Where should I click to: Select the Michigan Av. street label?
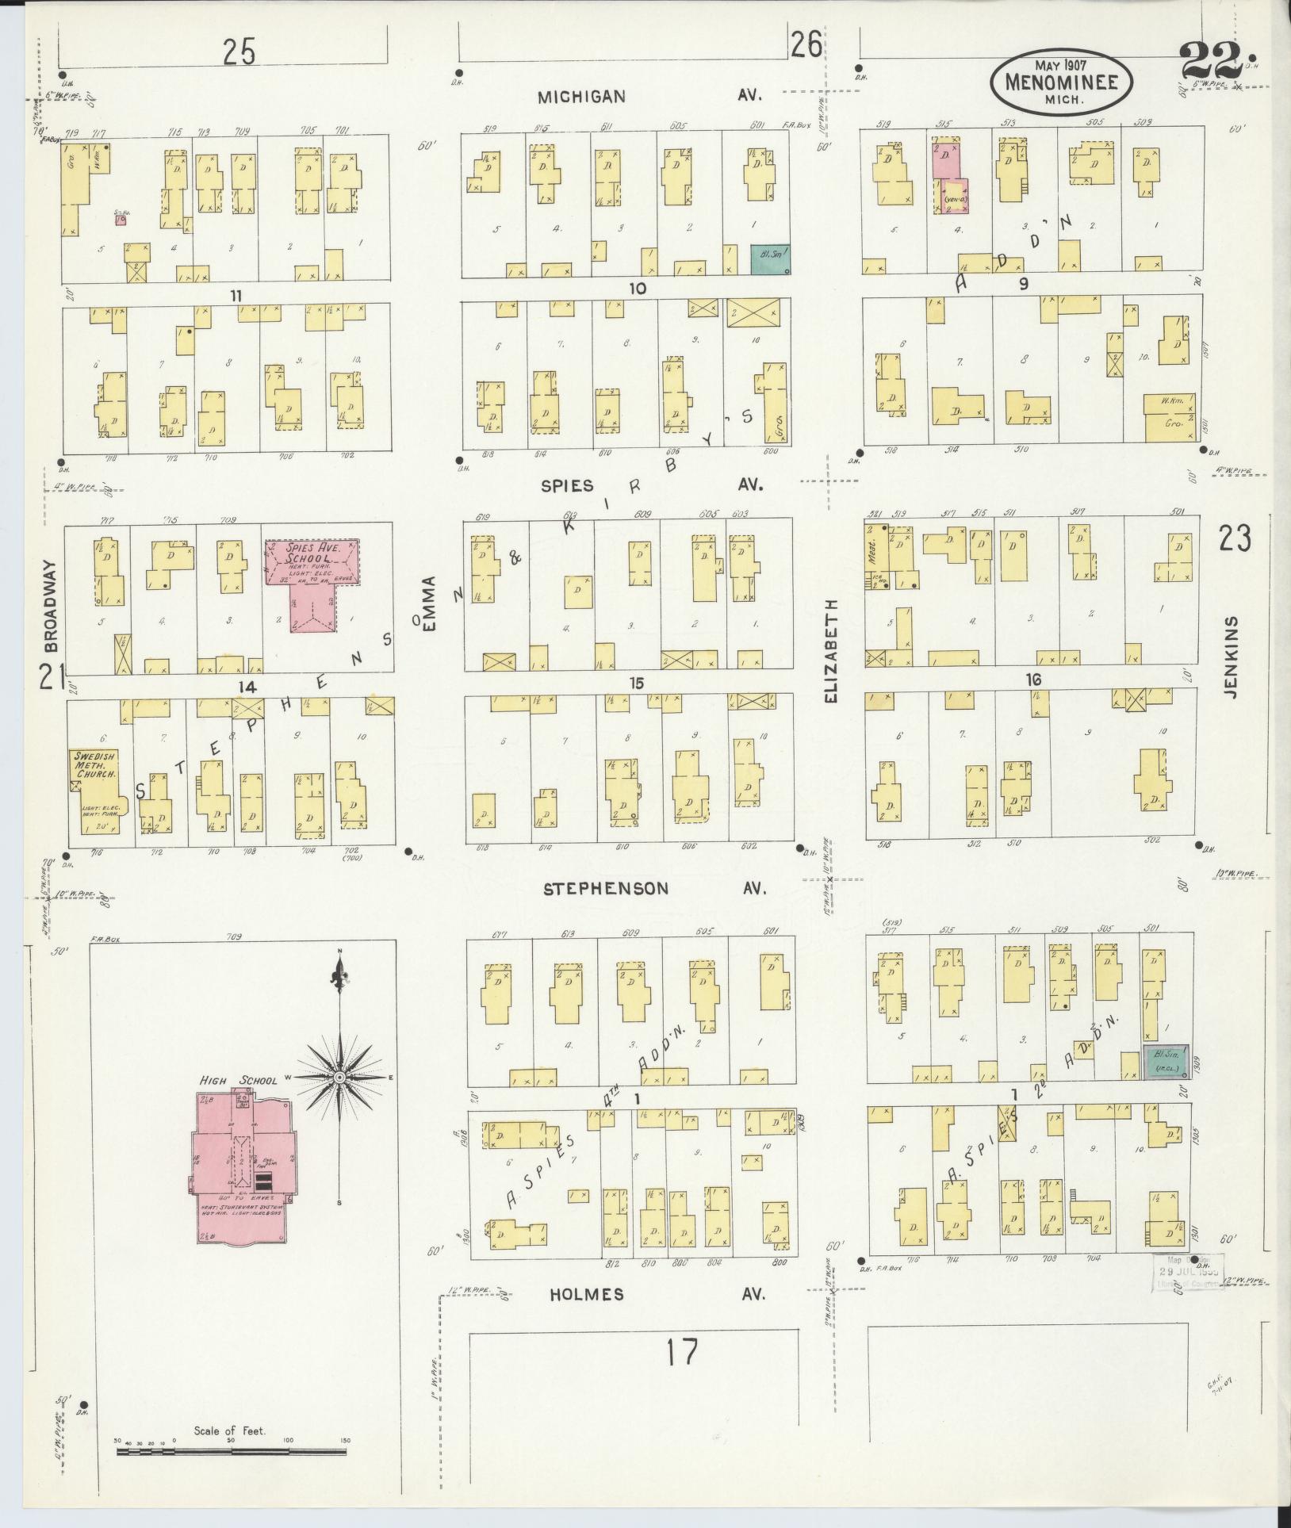[x=649, y=96]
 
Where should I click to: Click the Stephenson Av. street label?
[x=655, y=888]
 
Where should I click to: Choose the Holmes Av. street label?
[x=657, y=1294]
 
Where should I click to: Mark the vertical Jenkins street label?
[x=1230, y=657]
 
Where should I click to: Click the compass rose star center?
[x=339, y=1078]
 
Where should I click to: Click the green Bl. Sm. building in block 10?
[x=769, y=259]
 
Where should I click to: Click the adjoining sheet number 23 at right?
[x=1235, y=538]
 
